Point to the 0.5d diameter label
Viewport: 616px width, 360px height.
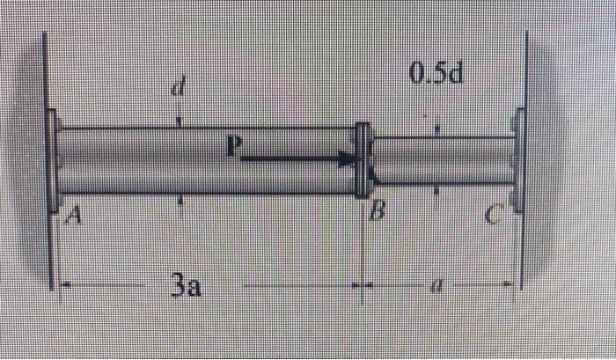click(x=436, y=73)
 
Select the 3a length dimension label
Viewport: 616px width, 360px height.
click(x=185, y=286)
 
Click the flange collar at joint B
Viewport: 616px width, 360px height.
click(x=361, y=160)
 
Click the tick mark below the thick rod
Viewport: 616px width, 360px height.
click(x=180, y=200)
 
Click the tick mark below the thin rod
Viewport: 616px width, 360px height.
click(x=437, y=188)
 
